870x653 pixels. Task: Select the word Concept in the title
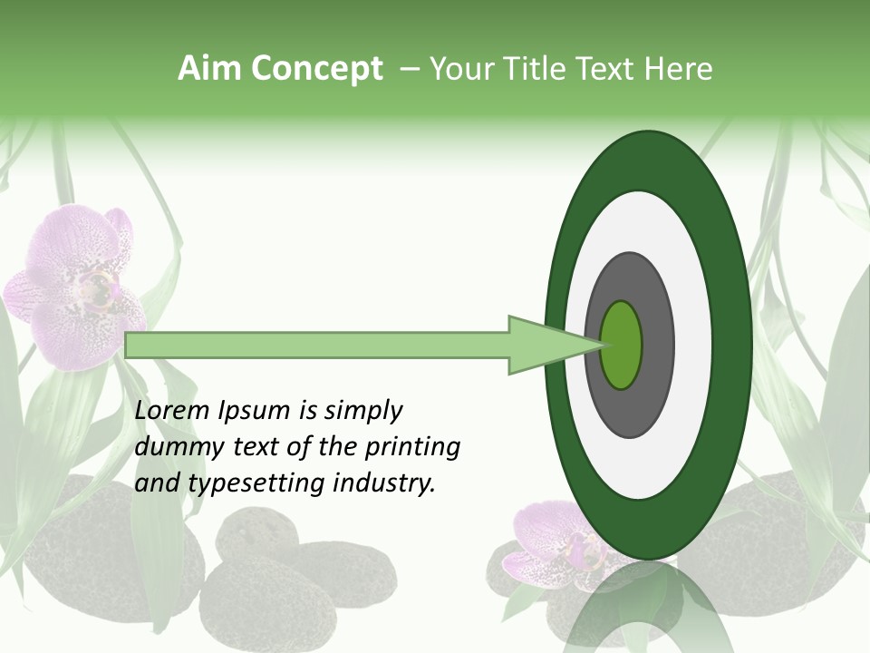click(x=316, y=69)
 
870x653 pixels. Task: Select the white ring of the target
click(x=692, y=345)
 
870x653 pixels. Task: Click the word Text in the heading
click(x=611, y=69)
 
